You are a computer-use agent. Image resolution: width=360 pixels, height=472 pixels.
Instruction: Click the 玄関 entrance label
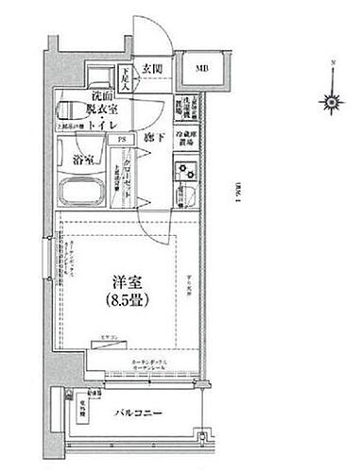154,68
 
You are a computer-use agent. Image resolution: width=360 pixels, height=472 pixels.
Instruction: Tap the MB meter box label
202,69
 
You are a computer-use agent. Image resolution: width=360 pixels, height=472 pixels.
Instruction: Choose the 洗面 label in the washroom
104,97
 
